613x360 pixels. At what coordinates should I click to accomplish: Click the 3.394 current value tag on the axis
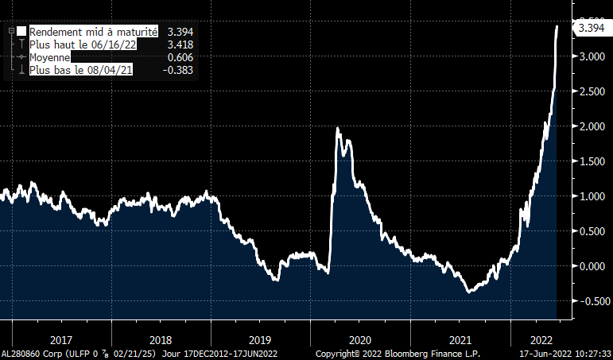point(592,29)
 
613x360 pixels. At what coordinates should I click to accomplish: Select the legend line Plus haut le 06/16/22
point(83,45)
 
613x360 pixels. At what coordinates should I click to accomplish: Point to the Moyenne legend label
point(50,57)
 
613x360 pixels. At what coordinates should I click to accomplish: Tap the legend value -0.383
point(179,71)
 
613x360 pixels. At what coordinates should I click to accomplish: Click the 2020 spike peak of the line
point(339,128)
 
